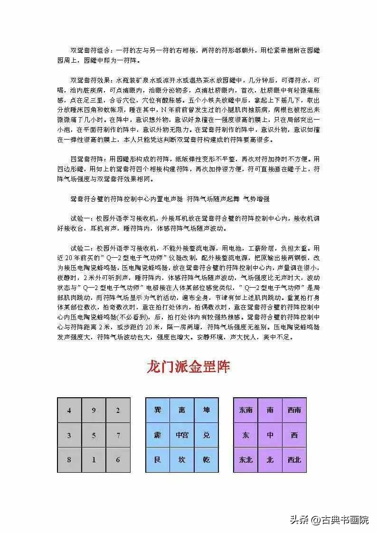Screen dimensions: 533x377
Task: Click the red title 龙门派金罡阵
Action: tap(188, 367)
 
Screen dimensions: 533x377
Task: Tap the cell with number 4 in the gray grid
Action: tap(69, 411)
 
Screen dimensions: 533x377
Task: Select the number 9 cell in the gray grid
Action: tap(94, 411)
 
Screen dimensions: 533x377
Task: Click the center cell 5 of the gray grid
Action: tap(94, 435)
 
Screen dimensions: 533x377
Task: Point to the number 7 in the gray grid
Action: tap(118, 435)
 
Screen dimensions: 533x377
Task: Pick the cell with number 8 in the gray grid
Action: tap(69, 459)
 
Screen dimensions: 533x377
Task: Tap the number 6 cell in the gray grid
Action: tap(118, 459)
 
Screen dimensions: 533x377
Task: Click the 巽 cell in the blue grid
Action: tap(158, 410)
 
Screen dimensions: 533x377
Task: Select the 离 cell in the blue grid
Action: tap(182, 410)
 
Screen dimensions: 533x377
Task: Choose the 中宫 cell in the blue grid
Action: tap(182, 435)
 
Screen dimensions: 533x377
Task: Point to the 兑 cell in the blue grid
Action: tap(206, 435)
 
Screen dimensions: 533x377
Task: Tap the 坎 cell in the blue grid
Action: tap(182, 459)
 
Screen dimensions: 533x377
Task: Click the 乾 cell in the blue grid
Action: tap(206, 459)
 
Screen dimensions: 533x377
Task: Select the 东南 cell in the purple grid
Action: tap(245, 410)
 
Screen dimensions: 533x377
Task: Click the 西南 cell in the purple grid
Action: tap(294, 410)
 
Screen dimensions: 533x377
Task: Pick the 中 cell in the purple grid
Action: tap(270, 435)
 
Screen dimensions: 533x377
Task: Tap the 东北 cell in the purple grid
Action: tap(245, 459)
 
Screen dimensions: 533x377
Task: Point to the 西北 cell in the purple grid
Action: tap(294, 459)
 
